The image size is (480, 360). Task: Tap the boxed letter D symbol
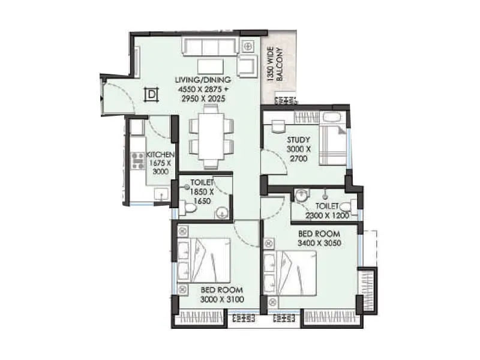coord(151,94)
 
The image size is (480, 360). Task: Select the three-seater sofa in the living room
coord(210,46)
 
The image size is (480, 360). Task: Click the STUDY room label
coord(298,140)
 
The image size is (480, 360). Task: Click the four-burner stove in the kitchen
coord(137,161)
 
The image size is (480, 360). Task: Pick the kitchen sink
coord(160,193)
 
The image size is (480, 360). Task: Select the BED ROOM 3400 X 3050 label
coord(319,238)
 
